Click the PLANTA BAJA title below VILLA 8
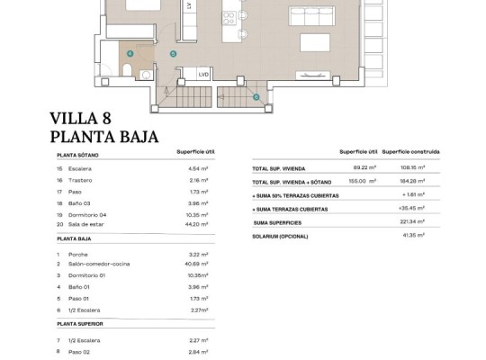104,137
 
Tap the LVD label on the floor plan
203,75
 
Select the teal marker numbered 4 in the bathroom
130,54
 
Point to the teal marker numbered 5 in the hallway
173,54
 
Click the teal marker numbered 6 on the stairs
256,96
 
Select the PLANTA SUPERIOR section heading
85,322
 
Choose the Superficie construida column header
416,151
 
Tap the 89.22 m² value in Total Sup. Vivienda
364,167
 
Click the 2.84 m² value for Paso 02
200,353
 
